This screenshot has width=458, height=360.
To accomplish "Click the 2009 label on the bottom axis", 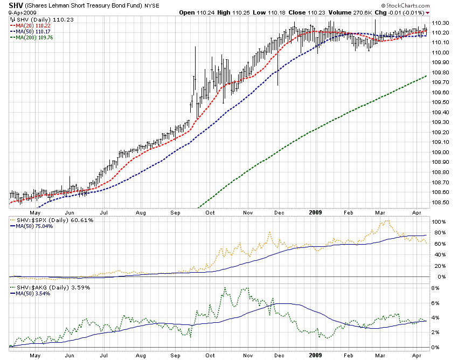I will [316, 356].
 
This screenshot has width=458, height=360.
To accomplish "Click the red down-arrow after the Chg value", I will [428, 13].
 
